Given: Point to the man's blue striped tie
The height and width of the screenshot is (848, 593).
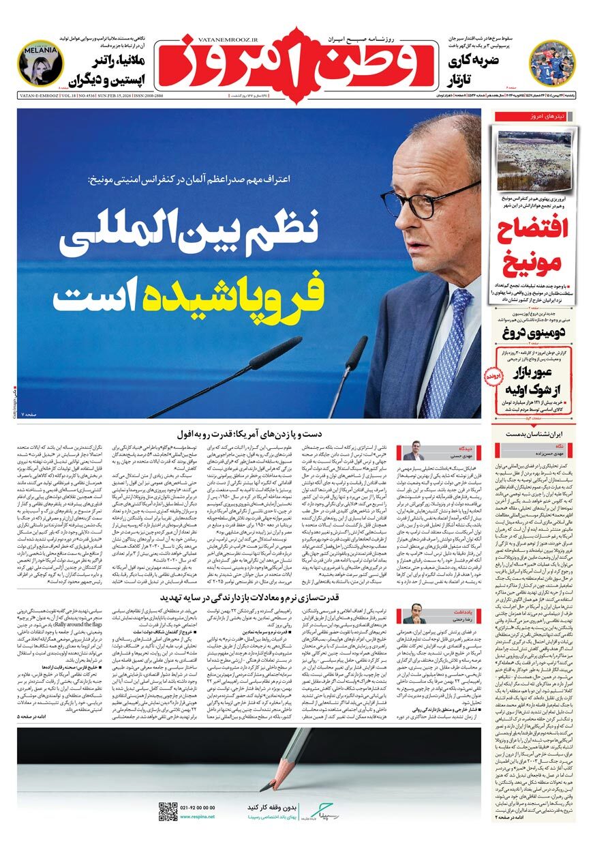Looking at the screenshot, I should (x=451, y=355).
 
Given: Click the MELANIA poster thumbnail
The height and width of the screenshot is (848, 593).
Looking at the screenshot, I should (x=41, y=63).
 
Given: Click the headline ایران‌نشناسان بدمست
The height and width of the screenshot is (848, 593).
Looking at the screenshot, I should (x=535, y=433).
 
